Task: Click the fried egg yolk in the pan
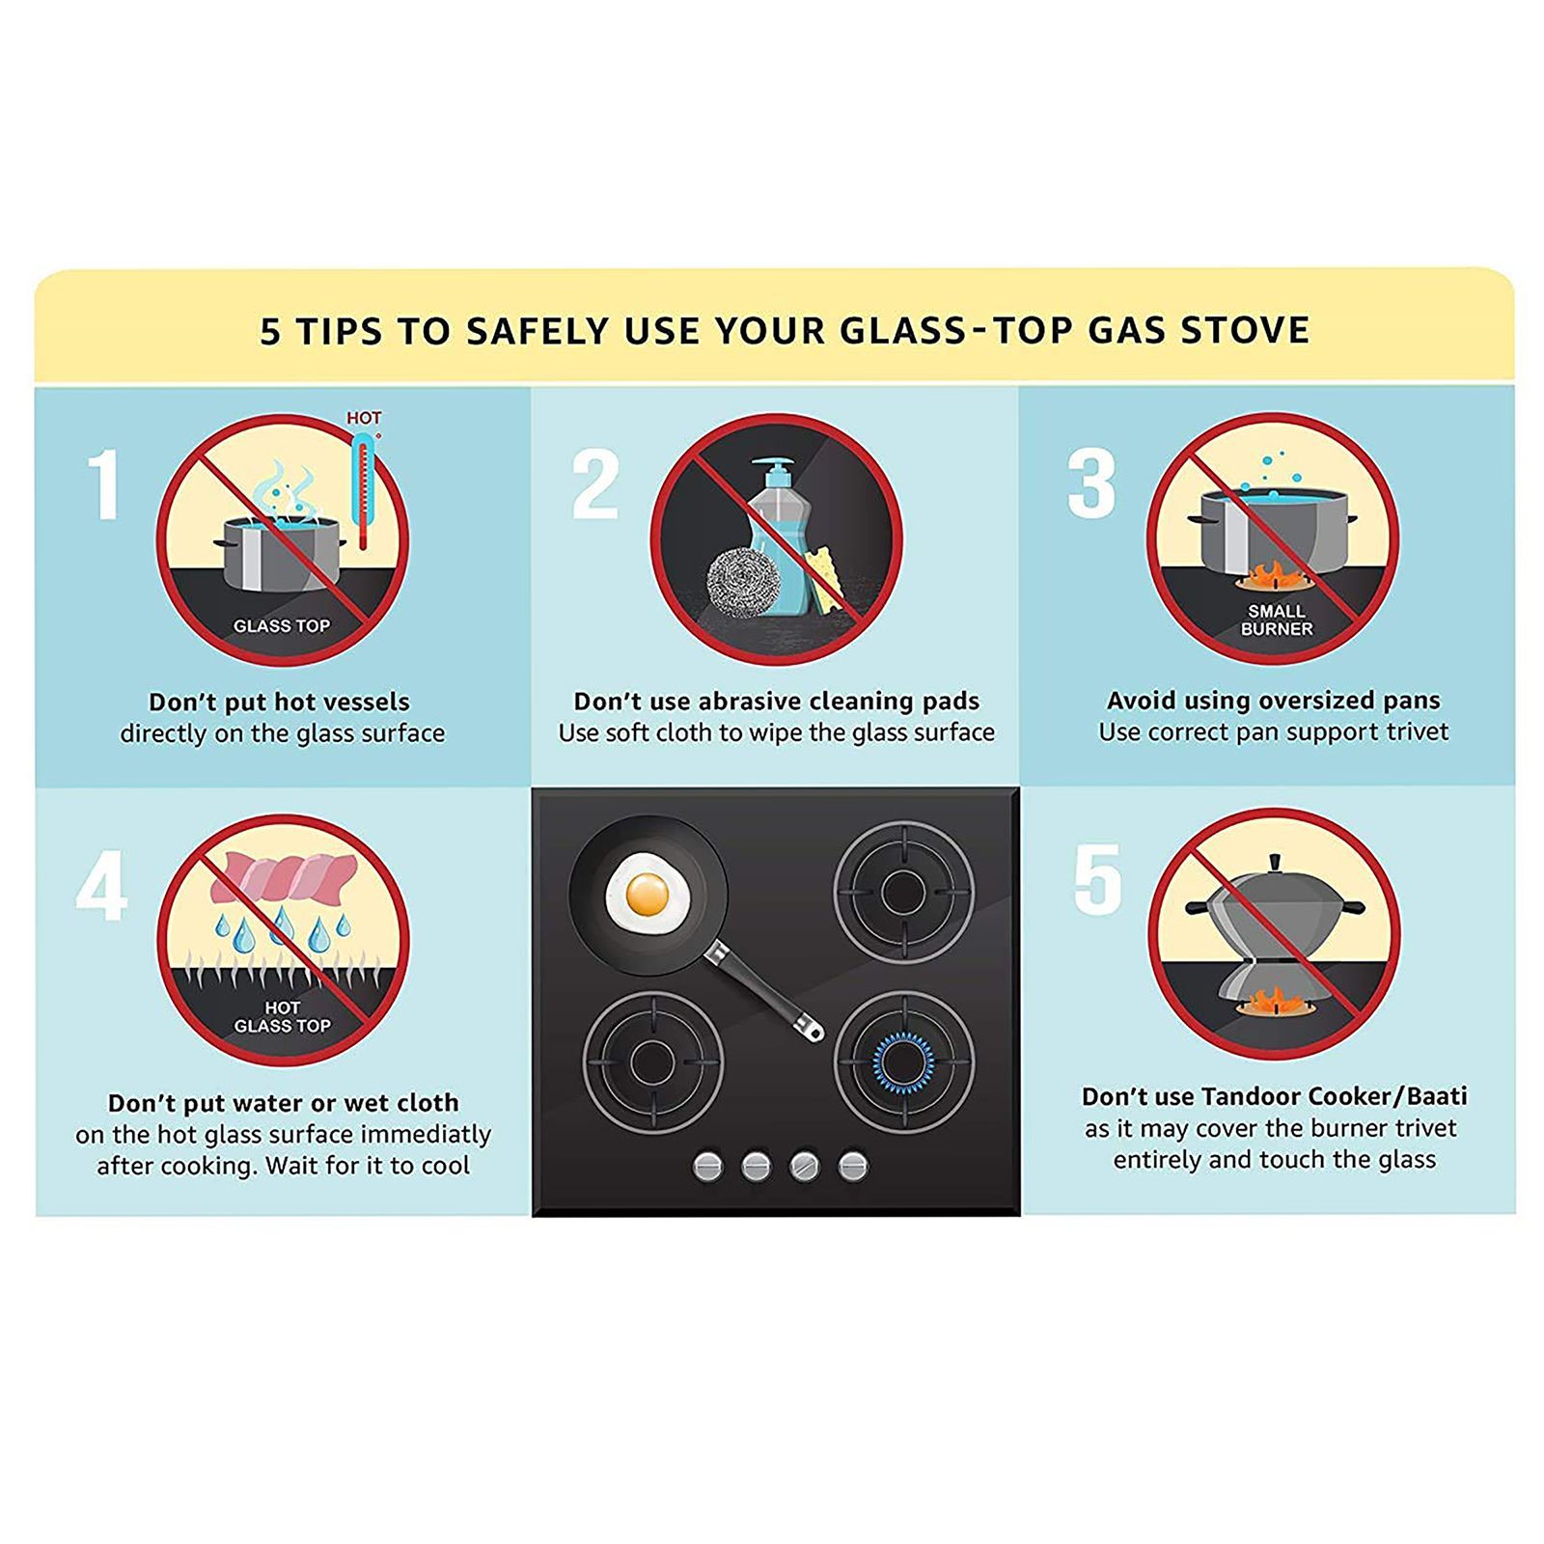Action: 648,894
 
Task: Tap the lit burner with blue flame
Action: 904,1061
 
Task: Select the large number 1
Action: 103,484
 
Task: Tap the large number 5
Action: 1098,879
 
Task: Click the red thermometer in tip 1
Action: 363,490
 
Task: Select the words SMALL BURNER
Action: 1277,620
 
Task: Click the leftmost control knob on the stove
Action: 708,1166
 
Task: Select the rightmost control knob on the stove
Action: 853,1166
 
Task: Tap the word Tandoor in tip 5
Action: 1250,1096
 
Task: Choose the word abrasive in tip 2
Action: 755,701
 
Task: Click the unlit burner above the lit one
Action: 904,892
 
